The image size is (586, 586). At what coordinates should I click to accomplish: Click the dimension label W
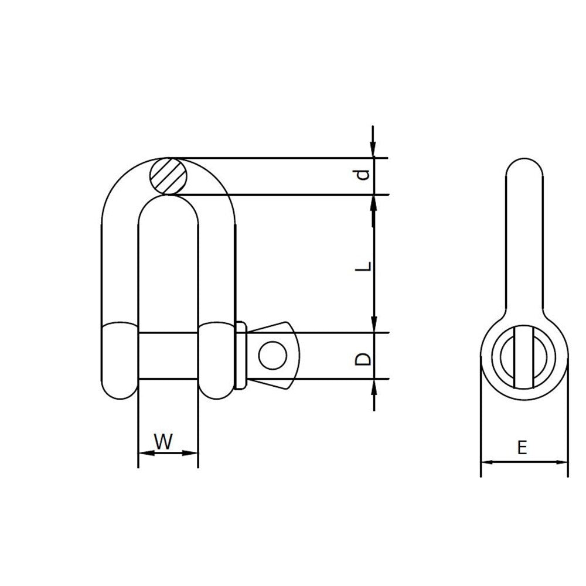click(165, 441)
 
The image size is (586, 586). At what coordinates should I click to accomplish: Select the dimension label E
click(523, 448)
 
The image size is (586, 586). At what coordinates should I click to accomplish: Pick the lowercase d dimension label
click(364, 174)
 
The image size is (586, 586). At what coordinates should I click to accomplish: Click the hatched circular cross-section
click(168, 176)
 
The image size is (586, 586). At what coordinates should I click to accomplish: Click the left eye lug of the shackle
click(120, 360)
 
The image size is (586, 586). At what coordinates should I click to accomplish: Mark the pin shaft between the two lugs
click(168, 356)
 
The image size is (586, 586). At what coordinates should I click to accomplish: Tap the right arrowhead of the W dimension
click(192, 453)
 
